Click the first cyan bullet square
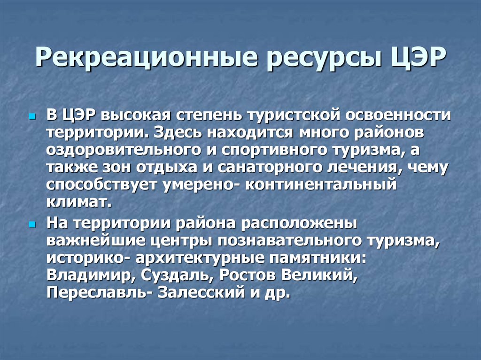click(x=32, y=117)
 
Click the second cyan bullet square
click(x=32, y=225)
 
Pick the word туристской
click(x=295, y=115)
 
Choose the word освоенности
click(x=398, y=115)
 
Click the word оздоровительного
click(x=124, y=150)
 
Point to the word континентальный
click(x=320, y=184)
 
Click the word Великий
click(x=319, y=275)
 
